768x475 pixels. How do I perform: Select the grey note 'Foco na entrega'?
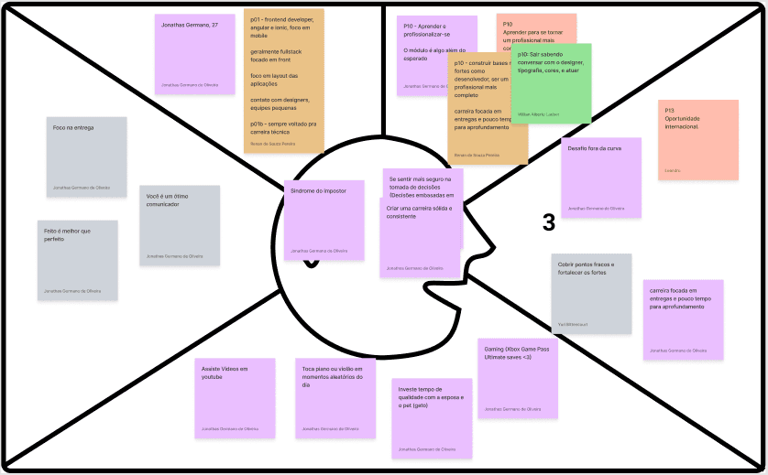(86, 157)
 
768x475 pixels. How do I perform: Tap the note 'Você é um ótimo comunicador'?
(181, 225)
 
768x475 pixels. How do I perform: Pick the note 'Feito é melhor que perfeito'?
(77, 260)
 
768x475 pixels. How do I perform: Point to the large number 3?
(548, 222)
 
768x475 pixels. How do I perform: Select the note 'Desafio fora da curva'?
(600, 178)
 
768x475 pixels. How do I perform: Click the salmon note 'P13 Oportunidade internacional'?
(698, 139)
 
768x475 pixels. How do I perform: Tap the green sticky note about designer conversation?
(551, 83)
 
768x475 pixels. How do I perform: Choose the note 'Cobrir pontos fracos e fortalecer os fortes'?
(591, 293)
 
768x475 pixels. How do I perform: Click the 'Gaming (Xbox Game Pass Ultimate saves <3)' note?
(518, 378)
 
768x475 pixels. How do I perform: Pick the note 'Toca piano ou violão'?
(335, 398)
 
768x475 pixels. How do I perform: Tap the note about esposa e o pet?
(431, 416)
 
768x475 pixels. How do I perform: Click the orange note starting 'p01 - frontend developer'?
(283, 81)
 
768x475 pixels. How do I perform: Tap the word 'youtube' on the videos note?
(214, 377)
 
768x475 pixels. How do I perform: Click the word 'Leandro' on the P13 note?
(674, 170)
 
